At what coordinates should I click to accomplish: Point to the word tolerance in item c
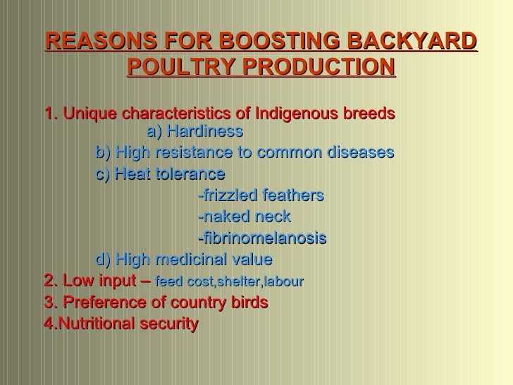[192, 173]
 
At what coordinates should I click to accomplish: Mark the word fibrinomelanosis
[263, 238]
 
